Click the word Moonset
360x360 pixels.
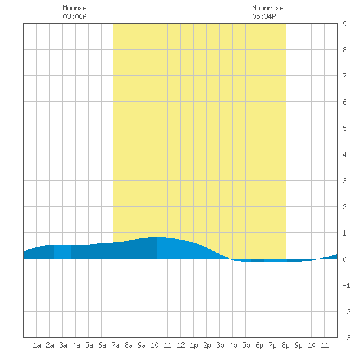pos(77,8)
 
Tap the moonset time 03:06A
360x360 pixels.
pos(75,16)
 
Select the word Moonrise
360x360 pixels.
pos(268,8)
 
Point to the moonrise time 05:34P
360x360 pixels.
pos(264,16)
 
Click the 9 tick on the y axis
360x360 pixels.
pos(344,24)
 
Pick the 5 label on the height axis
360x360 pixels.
pos(344,128)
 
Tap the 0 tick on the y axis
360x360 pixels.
pos(344,259)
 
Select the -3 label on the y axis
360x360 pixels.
pos(346,338)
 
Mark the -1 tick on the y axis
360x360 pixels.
pos(346,285)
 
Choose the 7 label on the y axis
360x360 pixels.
pos(344,76)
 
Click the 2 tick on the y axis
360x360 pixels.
pos(344,207)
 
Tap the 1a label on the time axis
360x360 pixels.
pos(37,345)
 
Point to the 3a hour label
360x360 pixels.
pos(63,345)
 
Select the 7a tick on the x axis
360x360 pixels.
pos(115,345)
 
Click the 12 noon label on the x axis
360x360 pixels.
pos(181,345)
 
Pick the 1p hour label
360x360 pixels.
pos(194,345)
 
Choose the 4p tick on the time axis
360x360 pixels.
pos(233,345)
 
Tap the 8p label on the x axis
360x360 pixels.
pos(285,345)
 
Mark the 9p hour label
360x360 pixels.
pos(298,345)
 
